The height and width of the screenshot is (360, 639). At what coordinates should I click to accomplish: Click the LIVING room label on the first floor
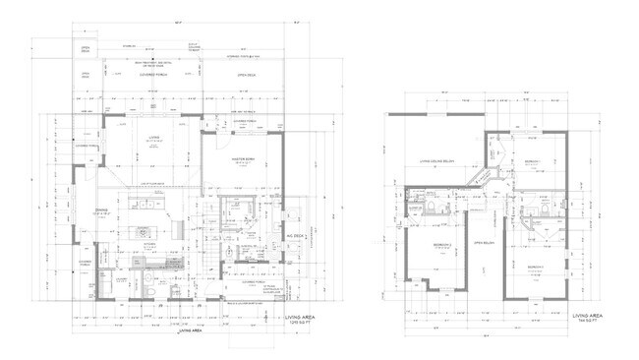[153, 139]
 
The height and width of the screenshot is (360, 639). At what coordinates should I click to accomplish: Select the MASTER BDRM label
[243, 158]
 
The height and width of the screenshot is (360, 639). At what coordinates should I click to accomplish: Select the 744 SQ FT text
[588, 320]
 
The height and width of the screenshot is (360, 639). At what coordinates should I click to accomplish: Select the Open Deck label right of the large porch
[245, 75]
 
